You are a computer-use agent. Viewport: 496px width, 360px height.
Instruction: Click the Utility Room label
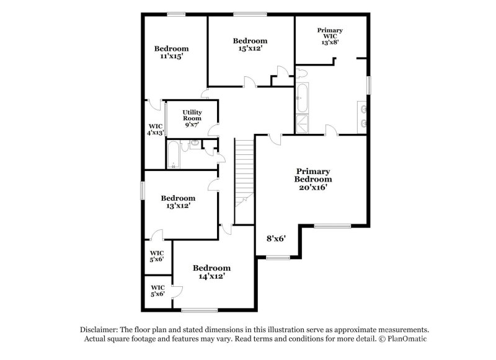192,118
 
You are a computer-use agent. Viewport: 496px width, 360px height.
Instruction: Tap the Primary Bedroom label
313,179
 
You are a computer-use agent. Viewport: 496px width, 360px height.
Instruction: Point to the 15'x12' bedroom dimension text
250,48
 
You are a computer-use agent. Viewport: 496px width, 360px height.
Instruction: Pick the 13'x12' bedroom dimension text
178,206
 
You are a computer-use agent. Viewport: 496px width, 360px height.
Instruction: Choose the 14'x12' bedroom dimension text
211,276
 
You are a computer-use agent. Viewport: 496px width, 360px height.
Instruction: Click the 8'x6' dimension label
275,238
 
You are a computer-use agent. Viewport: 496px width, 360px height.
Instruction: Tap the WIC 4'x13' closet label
154,130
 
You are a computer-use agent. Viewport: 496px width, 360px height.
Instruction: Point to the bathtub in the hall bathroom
173,155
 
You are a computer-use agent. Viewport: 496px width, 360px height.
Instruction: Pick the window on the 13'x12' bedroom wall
142,190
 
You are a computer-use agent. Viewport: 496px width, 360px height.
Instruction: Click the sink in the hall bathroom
195,143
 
